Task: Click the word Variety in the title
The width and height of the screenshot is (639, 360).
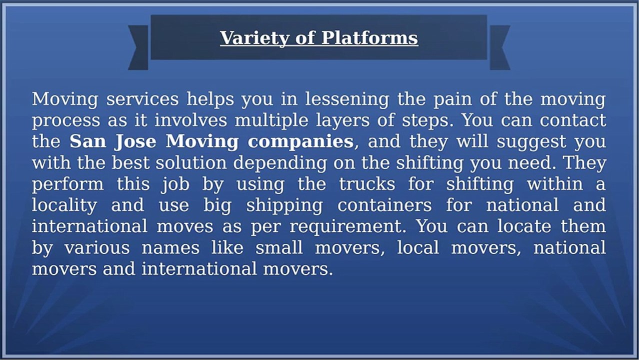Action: pyautogui.click(x=254, y=38)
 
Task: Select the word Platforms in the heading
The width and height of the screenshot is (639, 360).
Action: pyautogui.click(x=369, y=37)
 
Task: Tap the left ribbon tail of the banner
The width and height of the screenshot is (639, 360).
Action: pyautogui.click(x=138, y=47)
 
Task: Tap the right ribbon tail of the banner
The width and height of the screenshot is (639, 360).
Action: pyautogui.click(x=500, y=47)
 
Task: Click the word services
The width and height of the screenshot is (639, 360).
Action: pyautogui.click(x=142, y=99)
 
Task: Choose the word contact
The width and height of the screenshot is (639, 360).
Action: pyautogui.click(x=573, y=120)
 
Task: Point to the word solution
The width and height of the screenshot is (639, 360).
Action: pyautogui.click(x=191, y=162)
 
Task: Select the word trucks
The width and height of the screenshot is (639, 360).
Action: pyautogui.click(x=367, y=183)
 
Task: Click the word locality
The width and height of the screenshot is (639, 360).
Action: pyautogui.click(x=64, y=205)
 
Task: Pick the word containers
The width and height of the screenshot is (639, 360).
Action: pyautogui.click(x=384, y=205)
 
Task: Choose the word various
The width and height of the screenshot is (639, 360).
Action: pyautogui.click(x=97, y=247)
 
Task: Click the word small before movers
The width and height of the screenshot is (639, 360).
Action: pyautogui.click(x=279, y=247)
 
